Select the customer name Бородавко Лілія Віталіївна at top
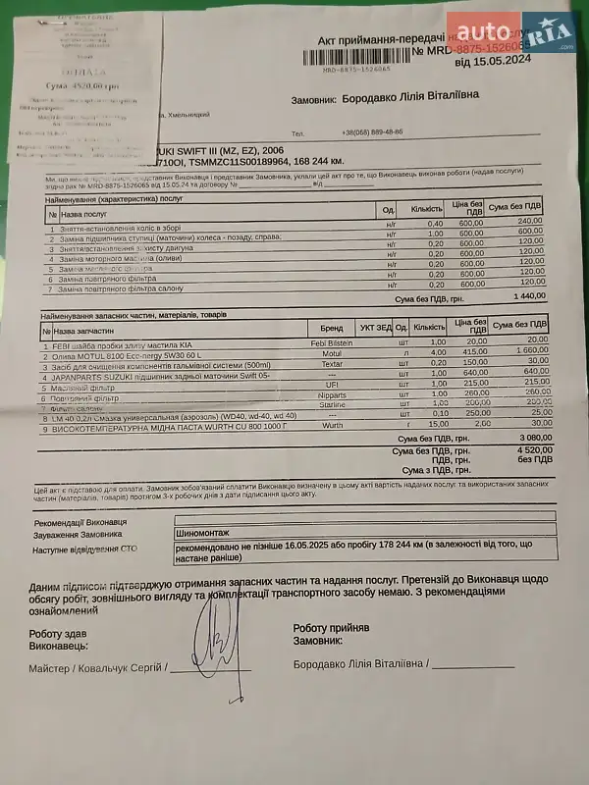coord(411,99)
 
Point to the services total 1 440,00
coord(528,295)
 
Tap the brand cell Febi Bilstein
coord(331,340)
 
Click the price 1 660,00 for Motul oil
coord(529,351)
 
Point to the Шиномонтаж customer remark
coord(202,533)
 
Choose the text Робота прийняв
coord(331,626)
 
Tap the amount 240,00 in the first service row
coord(530,222)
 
